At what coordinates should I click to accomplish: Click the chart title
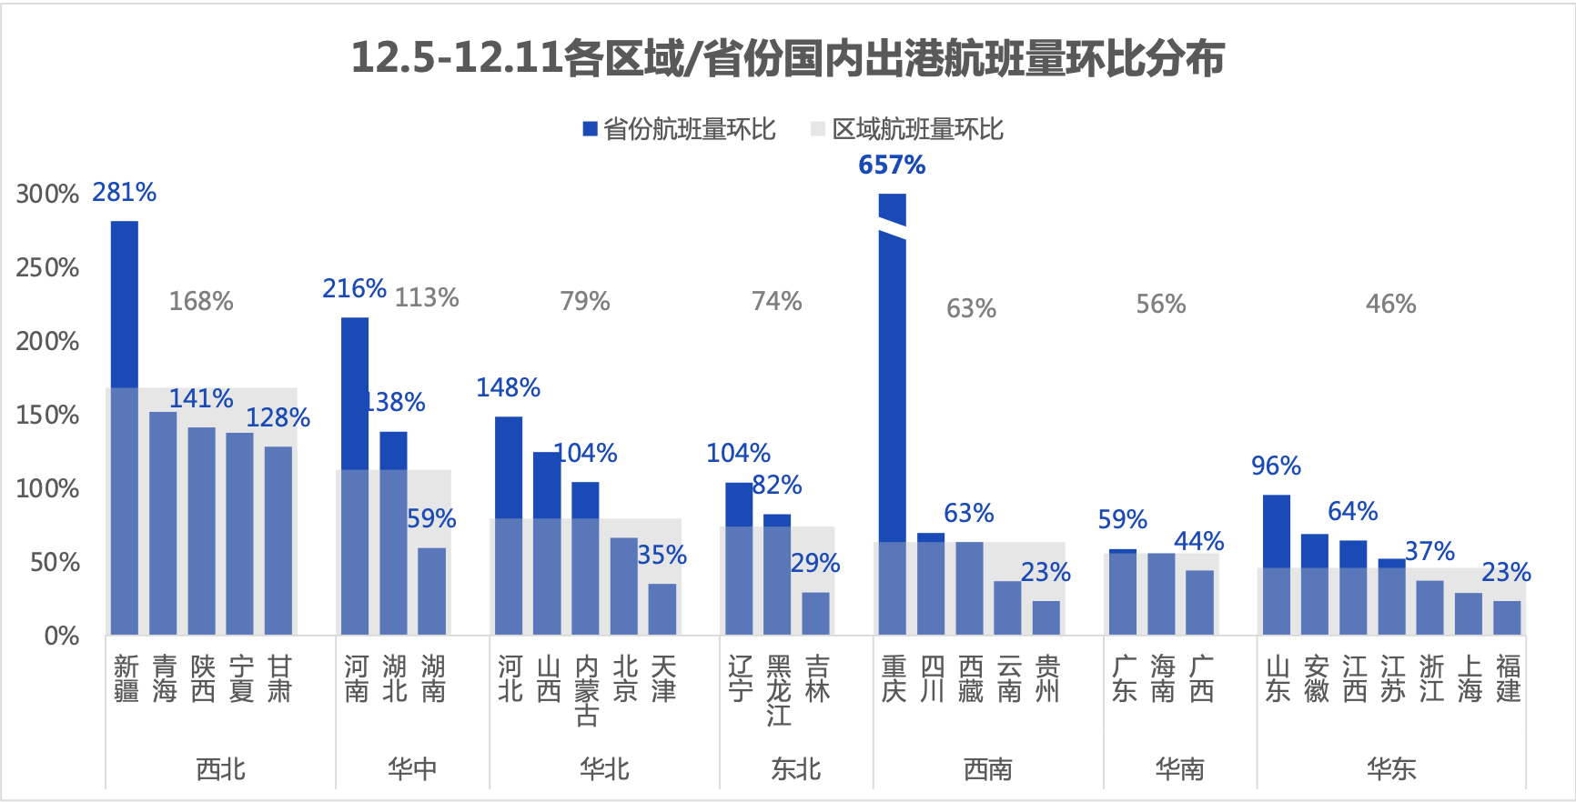[x=788, y=58]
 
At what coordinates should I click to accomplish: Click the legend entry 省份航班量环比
[x=680, y=129]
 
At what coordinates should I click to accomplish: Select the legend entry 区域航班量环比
[x=908, y=129]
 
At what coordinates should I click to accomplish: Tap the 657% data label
[x=892, y=165]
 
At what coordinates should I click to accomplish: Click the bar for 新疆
[x=125, y=427]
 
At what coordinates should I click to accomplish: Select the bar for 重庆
[x=893, y=414]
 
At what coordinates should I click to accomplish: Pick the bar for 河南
[x=355, y=476]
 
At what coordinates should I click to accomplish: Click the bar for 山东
[x=1277, y=565]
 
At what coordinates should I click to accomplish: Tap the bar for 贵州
[x=1046, y=617]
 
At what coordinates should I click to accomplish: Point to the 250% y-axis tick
[x=47, y=267]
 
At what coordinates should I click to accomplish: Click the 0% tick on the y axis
[x=61, y=636]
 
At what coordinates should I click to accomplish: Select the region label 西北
[x=221, y=769]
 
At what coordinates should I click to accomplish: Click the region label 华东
[x=1391, y=769]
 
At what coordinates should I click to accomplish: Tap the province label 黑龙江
[x=779, y=691]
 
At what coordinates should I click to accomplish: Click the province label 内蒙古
[x=587, y=691]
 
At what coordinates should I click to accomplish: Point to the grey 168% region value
[x=201, y=301]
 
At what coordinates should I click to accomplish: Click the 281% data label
[x=125, y=192]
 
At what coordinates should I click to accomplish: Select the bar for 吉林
[x=816, y=614]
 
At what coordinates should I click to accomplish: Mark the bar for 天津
[x=662, y=609]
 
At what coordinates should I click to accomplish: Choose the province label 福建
[x=1508, y=679]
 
